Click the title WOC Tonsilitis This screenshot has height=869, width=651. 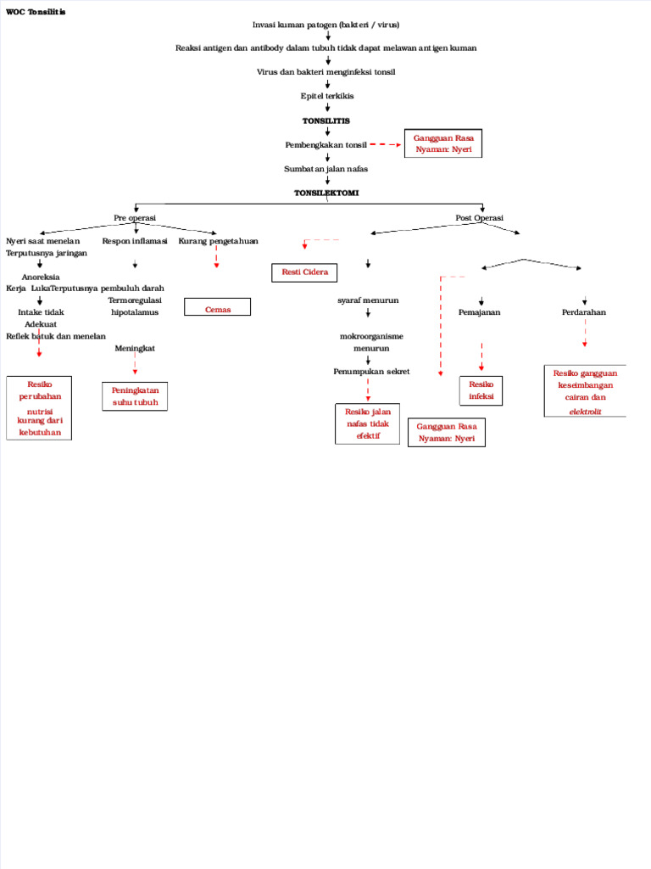35,13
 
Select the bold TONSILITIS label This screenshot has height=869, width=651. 326,121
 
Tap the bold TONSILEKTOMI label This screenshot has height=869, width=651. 326,193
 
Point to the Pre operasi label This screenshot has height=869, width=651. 135,218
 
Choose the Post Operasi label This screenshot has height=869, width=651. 479,218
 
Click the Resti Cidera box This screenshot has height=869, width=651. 304,272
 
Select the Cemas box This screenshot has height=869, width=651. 218,307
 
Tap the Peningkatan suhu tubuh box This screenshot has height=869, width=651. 135,396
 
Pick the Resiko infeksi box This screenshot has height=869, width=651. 481,391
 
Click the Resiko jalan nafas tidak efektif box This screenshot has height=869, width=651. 367,423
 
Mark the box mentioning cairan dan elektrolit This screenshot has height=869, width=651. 584,391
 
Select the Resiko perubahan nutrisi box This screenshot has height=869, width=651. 39,408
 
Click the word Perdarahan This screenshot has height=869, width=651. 584,312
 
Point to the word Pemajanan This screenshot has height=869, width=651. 479,312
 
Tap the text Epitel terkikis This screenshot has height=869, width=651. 327,96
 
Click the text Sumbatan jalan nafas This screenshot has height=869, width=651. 325,169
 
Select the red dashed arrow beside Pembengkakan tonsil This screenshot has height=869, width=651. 385,145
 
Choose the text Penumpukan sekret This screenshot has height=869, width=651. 371,372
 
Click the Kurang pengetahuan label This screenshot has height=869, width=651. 218,241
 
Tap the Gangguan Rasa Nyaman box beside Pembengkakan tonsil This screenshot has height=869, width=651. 443,143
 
